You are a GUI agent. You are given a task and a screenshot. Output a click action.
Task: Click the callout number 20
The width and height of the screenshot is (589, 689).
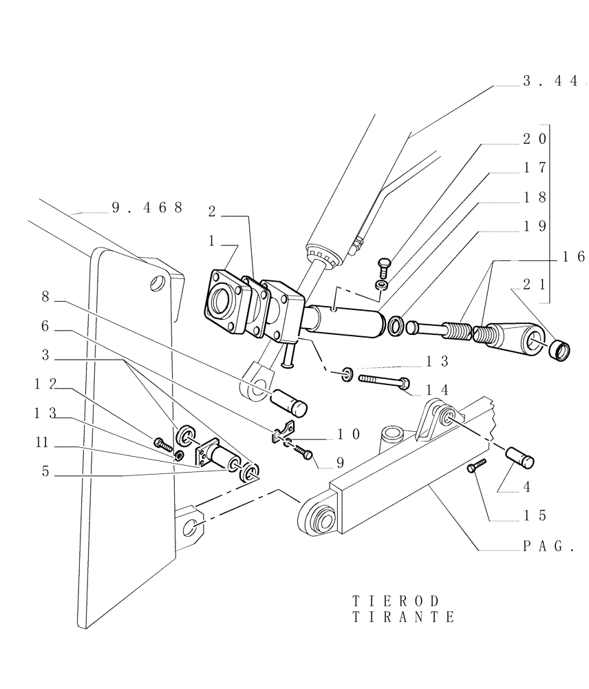[x=534, y=138]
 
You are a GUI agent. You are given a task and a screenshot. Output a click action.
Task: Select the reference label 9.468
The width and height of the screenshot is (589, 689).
[x=147, y=207]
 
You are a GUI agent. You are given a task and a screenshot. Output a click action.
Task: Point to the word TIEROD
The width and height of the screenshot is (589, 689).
[x=395, y=601]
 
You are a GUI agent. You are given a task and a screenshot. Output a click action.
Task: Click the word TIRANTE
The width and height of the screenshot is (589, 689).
[x=403, y=617]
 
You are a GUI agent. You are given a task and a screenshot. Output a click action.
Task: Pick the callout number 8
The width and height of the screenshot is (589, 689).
[x=45, y=297]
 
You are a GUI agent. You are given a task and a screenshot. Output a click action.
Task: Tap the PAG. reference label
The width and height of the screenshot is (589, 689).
[x=548, y=547]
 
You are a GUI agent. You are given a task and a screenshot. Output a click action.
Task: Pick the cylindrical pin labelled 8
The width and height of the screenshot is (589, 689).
[x=290, y=399]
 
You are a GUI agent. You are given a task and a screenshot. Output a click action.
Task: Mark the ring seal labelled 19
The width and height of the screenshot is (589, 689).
[x=397, y=325]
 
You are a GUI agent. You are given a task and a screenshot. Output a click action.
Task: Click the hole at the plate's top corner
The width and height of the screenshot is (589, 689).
[x=158, y=282]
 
